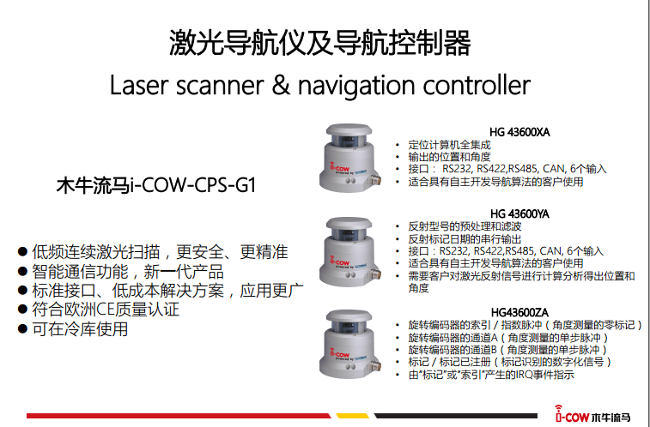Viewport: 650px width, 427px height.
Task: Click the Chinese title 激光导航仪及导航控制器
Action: tap(319, 43)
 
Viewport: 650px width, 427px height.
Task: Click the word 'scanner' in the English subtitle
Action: tap(219, 85)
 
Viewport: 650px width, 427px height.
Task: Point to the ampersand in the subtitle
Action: tap(281, 84)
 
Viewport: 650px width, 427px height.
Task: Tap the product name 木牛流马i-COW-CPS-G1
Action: tap(156, 185)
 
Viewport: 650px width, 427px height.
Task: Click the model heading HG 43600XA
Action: tap(519, 132)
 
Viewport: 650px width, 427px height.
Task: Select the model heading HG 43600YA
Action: tap(519, 213)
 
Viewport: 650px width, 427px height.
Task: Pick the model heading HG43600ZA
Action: tap(519, 312)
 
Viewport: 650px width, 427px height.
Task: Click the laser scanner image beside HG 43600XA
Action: tap(349, 158)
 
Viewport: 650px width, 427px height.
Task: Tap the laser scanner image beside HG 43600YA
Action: tap(349, 251)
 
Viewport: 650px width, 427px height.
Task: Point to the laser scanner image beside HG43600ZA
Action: tap(349, 344)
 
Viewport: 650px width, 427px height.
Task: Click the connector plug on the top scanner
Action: tap(375, 180)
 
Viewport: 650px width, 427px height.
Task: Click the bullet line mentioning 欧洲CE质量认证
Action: tap(99, 310)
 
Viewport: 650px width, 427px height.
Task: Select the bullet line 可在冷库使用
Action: tap(73, 329)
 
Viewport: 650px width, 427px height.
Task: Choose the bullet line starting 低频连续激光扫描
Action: tap(153, 251)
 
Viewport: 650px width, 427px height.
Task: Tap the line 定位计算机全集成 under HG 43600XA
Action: tap(449, 145)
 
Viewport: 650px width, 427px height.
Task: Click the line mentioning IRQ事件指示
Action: tap(491, 375)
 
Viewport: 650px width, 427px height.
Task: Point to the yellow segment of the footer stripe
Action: tap(352, 415)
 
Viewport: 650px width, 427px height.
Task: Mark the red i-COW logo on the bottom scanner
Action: tap(339, 353)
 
